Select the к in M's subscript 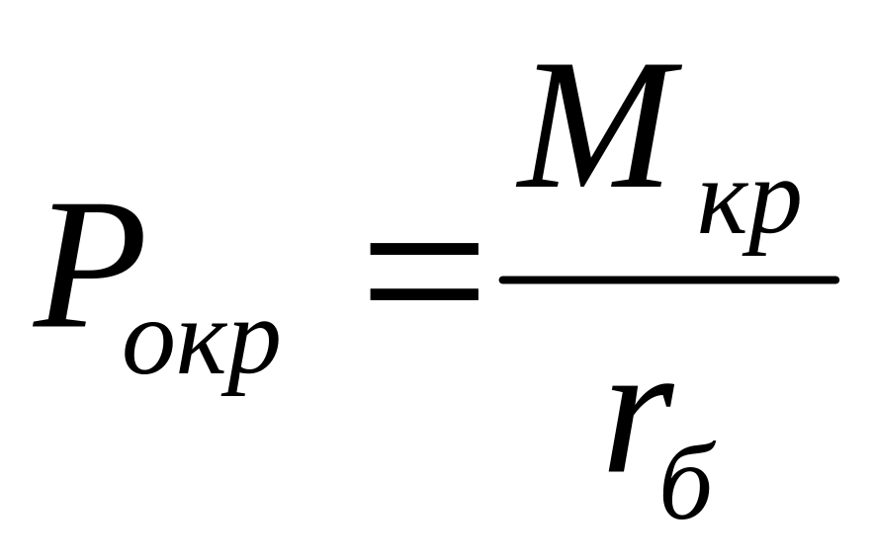[727, 208]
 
